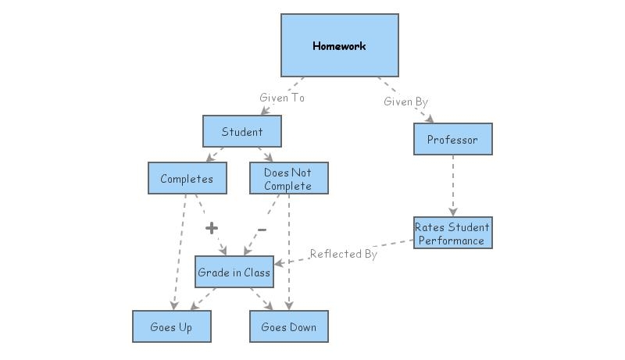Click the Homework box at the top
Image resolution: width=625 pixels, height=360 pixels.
[339, 45]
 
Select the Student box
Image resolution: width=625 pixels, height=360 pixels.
[242, 131]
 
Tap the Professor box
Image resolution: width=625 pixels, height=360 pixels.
[452, 139]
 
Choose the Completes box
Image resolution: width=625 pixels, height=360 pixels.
[187, 178]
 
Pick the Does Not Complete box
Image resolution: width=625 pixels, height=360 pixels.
[288, 178]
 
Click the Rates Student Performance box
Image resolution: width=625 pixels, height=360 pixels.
[452, 233]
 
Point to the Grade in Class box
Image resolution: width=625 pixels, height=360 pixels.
[234, 272]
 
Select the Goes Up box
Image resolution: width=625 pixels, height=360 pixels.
[171, 326]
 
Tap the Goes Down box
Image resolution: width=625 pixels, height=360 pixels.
[288, 326]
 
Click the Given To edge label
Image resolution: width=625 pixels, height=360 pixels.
[282, 98]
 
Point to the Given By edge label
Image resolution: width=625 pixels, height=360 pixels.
[405, 102]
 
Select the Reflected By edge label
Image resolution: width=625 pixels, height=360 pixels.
[343, 254]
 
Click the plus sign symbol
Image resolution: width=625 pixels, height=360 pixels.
[210, 228]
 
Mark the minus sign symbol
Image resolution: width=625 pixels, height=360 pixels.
[262, 229]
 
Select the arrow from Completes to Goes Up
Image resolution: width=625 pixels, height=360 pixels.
[179, 250]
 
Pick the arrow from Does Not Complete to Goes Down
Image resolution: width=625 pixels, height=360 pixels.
[289, 250]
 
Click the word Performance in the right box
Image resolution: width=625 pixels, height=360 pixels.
[452, 240]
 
